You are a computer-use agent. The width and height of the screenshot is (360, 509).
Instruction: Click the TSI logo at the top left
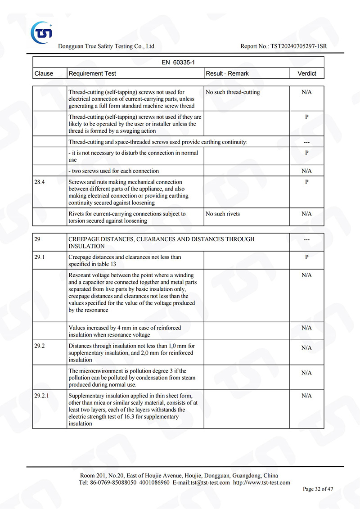(x=41, y=32)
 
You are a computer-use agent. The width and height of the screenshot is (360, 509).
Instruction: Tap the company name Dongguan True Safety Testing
(x=107, y=46)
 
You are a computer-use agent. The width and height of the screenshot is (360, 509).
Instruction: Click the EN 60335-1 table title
(x=178, y=63)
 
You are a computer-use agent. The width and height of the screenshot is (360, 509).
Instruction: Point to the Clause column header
(x=44, y=73)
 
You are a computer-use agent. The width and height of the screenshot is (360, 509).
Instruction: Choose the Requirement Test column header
(x=92, y=73)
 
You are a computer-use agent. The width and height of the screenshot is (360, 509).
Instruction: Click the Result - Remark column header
(x=227, y=73)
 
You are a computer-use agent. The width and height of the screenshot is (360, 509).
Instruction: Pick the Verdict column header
(x=307, y=73)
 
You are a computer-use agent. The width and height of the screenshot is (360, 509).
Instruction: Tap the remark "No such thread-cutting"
(x=233, y=92)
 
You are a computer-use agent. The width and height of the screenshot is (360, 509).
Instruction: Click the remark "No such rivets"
(x=223, y=214)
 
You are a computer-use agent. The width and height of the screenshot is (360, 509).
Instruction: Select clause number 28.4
(x=40, y=182)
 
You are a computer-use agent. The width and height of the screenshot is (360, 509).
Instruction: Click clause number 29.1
(x=40, y=257)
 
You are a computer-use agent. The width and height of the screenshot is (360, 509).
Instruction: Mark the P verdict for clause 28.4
(x=307, y=182)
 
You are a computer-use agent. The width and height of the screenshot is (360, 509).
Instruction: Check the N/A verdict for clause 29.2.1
(x=307, y=396)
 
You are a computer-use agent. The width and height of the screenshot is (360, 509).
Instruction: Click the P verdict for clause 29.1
(x=307, y=257)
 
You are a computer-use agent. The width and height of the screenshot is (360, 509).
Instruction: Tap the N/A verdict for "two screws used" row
(x=307, y=171)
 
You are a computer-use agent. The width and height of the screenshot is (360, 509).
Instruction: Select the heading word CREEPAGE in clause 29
(x=83, y=239)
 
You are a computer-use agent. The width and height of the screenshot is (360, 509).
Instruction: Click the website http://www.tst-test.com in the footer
(x=261, y=482)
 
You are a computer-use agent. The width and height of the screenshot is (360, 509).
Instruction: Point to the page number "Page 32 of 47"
(x=318, y=489)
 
